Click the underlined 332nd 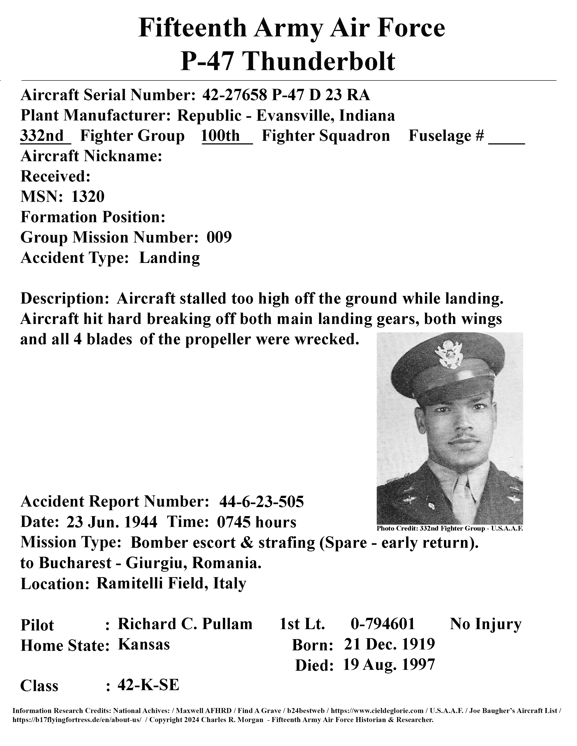(42, 136)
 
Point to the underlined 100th (221, 136)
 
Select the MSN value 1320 (88, 197)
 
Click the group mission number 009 (219, 237)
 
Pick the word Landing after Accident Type (169, 258)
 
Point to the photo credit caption (450, 529)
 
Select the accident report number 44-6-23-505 (262, 502)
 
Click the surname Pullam (227, 624)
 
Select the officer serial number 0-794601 (382, 624)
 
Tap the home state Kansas (144, 644)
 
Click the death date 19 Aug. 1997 (389, 665)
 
